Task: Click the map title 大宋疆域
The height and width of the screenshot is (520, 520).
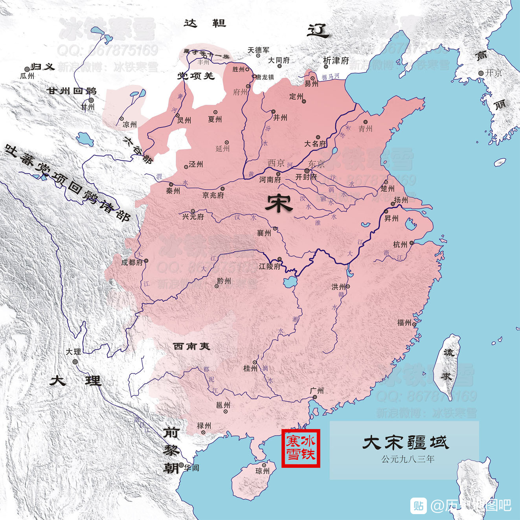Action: (x=405, y=443)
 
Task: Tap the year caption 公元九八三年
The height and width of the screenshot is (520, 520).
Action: (x=408, y=459)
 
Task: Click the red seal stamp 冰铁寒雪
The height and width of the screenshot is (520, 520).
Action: (x=301, y=448)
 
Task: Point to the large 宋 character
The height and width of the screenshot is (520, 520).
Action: (x=279, y=203)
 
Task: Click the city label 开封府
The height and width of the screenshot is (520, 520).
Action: (x=306, y=177)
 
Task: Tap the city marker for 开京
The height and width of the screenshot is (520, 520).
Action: (x=481, y=73)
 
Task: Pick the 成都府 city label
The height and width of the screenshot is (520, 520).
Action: (x=132, y=263)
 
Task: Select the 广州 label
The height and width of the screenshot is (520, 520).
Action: (x=317, y=391)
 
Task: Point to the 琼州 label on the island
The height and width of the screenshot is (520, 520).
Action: (x=263, y=471)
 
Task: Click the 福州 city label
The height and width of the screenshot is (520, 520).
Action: (x=404, y=323)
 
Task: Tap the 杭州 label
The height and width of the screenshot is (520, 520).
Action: (x=400, y=245)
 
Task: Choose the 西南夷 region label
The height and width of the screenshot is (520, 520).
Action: (x=192, y=346)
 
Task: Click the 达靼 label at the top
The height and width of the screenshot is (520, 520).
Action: (x=205, y=24)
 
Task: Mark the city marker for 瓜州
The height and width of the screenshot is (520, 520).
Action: (x=27, y=69)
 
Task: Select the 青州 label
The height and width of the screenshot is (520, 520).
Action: (x=365, y=129)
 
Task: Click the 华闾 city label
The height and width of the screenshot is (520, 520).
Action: (x=191, y=468)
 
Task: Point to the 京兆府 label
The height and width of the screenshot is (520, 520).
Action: (x=213, y=195)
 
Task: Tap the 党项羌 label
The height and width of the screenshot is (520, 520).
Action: (x=196, y=76)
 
